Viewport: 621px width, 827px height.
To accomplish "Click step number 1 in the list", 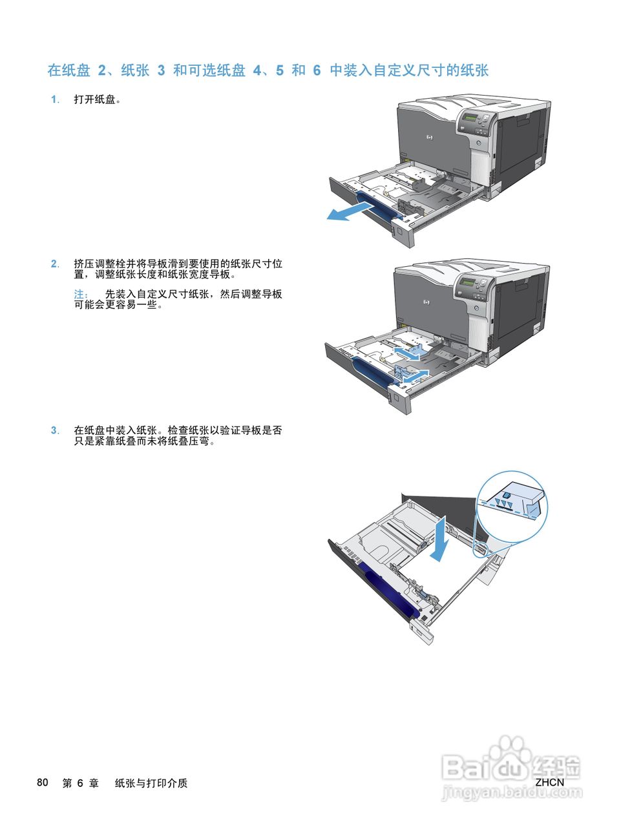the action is point(55,100).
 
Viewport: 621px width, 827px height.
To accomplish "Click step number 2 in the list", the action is point(55,264).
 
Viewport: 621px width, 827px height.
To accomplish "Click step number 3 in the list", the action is point(55,430).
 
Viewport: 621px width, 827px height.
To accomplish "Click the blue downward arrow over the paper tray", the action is point(439,539).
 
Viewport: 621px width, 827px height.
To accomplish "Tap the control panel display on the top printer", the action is point(470,118).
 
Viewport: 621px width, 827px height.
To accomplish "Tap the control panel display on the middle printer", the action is point(468,282).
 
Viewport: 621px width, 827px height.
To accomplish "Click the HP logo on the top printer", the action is point(429,138).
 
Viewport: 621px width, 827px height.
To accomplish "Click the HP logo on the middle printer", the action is point(426,302).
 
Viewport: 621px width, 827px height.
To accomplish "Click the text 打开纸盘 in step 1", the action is point(94,99).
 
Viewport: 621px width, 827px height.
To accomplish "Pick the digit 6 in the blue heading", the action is point(317,70).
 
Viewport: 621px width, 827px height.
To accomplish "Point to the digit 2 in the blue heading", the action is point(102,70).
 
